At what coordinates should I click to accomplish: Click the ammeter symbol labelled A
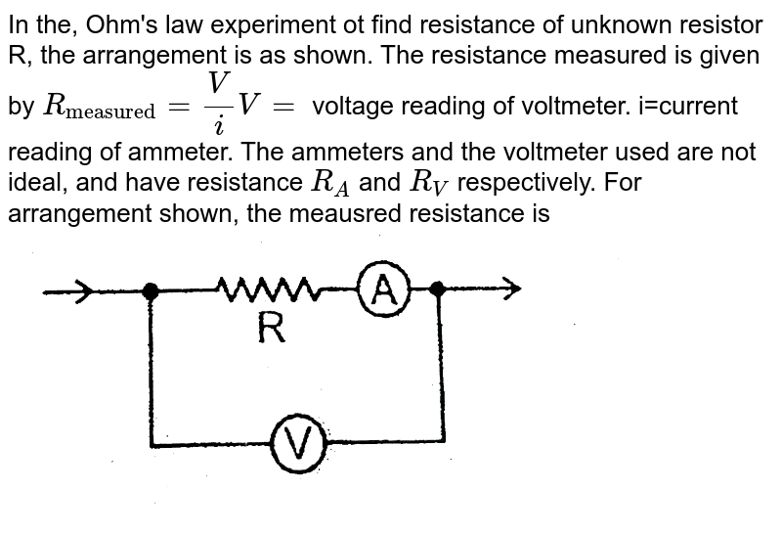(x=385, y=290)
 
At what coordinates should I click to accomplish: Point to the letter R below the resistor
(x=272, y=330)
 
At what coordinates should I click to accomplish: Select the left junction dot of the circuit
(x=150, y=289)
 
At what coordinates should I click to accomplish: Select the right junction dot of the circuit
(x=438, y=289)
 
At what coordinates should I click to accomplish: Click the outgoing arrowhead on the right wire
(x=511, y=288)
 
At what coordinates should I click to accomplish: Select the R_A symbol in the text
(x=329, y=180)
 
